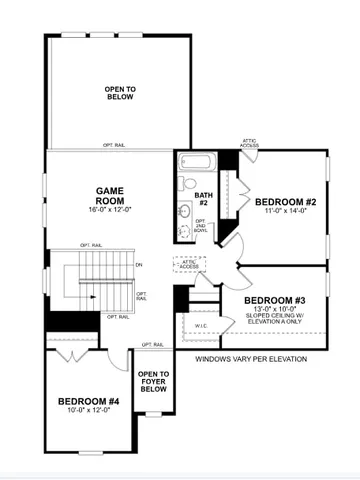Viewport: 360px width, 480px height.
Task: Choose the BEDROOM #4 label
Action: coord(88,402)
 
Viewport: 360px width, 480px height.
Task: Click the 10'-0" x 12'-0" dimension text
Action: coord(88,413)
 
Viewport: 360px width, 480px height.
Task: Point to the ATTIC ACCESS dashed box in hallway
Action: coord(187,264)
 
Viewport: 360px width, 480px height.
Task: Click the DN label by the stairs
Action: coord(138,264)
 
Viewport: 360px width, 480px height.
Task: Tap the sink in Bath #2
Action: coord(186,211)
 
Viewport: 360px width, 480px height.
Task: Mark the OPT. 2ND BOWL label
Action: coord(200,228)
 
